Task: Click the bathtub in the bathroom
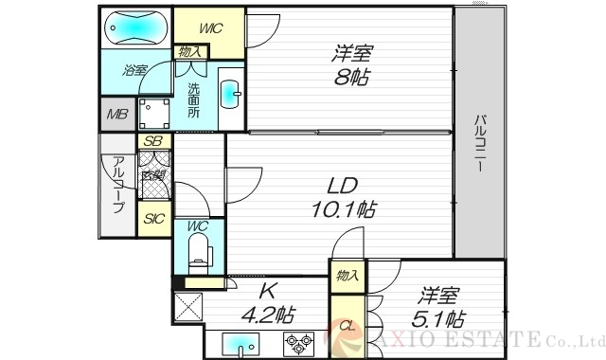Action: click(134, 28)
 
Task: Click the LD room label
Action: click(342, 184)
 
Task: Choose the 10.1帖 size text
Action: click(342, 208)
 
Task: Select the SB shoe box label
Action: click(152, 142)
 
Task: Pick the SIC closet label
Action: click(152, 219)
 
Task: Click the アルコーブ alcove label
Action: click(118, 186)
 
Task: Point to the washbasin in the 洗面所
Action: click(229, 95)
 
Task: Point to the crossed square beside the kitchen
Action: click(187, 307)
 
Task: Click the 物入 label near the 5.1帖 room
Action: click(347, 275)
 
